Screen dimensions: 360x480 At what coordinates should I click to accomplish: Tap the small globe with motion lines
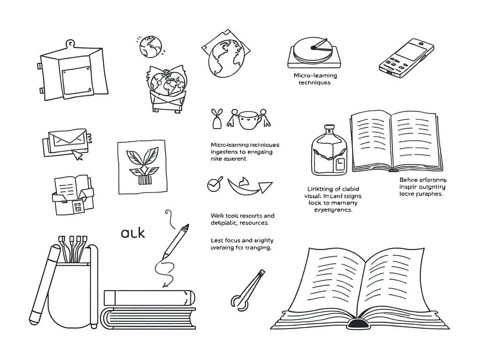point(150,45)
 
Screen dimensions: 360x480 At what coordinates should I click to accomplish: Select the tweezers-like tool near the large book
point(247,290)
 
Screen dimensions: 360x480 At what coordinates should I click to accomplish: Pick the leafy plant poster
point(142,166)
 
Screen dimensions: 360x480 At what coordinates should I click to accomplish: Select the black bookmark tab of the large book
point(358,323)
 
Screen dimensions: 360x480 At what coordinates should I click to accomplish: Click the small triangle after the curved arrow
point(266,187)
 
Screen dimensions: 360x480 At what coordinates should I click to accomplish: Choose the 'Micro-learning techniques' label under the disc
point(315,79)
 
